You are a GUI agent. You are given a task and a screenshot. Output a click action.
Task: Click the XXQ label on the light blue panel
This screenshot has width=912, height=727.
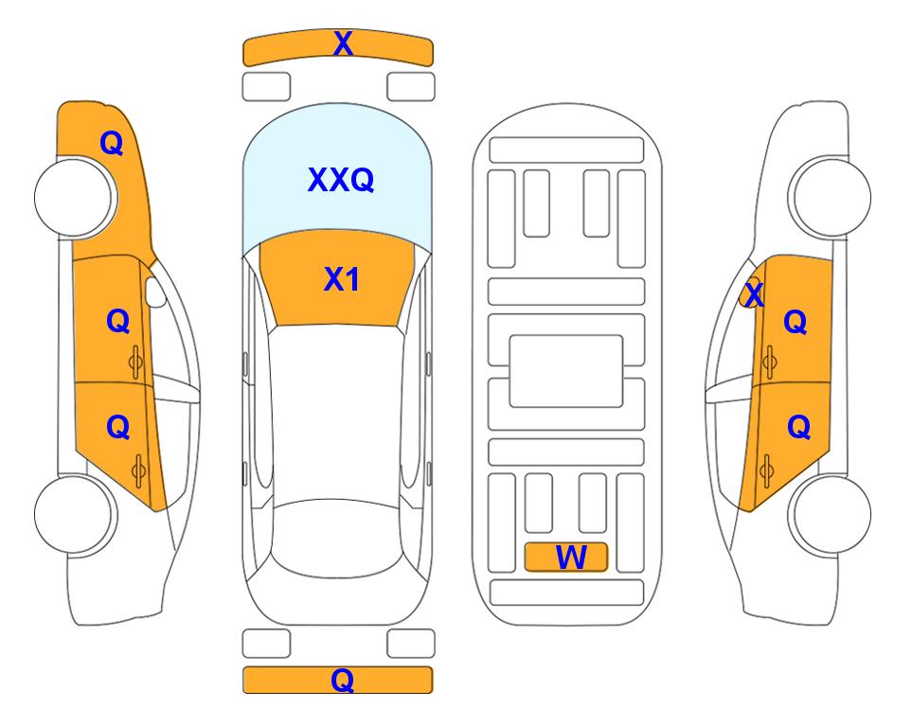click(x=341, y=180)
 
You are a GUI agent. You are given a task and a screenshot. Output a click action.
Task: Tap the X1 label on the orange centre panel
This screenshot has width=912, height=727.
click(x=342, y=279)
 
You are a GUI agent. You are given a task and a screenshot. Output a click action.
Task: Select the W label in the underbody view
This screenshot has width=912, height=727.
click(x=571, y=558)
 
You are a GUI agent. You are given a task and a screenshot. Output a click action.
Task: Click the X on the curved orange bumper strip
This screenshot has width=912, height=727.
click(x=343, y=43)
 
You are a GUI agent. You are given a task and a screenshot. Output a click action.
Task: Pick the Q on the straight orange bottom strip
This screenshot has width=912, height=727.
click(x=343, y=680)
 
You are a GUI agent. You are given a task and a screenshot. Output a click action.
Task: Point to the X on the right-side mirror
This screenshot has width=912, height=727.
click(x=754, y=294)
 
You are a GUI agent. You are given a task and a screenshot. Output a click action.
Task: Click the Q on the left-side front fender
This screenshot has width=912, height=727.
click(x=112, y=143)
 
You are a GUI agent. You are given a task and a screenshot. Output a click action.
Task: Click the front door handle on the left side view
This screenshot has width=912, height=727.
click(x=136, y=363)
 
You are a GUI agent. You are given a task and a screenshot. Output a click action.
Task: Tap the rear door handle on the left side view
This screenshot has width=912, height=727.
click(x=138, y=470)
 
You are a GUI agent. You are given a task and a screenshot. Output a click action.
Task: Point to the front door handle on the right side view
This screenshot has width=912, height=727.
click(x=769, y=362)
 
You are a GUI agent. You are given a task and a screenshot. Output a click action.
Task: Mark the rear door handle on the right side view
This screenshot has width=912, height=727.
click(x=766, y=470)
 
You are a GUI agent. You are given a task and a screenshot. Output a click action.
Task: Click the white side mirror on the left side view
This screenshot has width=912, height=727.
click(x=155, y=292)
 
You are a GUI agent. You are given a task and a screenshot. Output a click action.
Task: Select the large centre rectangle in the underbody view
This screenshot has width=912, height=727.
click(x=566, y=371)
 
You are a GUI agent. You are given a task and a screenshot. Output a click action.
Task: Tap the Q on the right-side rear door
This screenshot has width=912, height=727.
click(x=798, y=428)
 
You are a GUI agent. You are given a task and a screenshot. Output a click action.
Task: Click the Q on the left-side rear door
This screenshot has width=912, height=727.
click(x=118, y=428)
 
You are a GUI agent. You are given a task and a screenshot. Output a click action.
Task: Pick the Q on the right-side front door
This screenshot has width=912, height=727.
click(x=796, y=322)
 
